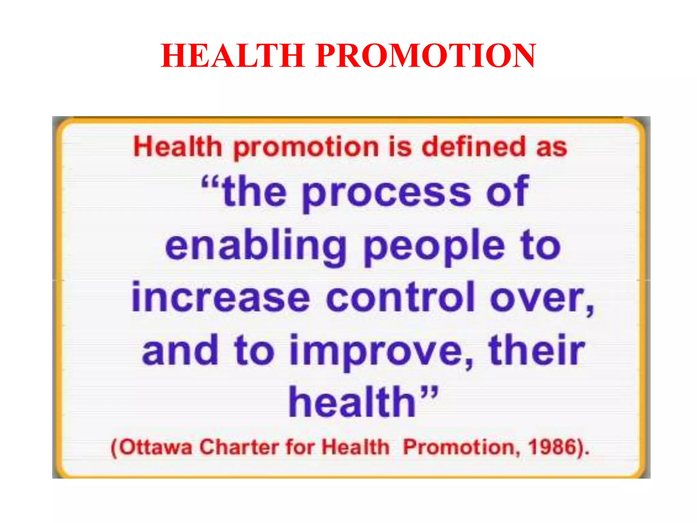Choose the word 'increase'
[221, 298]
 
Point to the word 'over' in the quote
[538, 299]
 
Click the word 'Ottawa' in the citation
[156, 447]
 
